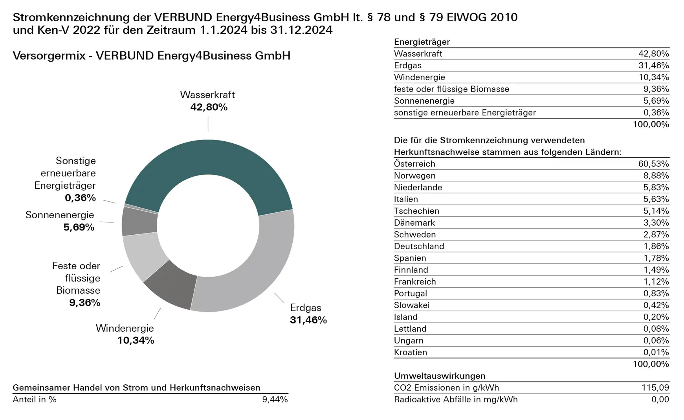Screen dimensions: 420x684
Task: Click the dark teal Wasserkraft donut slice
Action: (x=208, y=165)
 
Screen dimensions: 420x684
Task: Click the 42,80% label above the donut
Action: (x=209, y=107)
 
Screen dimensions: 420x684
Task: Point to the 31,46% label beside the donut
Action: (x=308, y=320)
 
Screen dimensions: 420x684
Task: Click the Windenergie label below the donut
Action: (x=125, y=328)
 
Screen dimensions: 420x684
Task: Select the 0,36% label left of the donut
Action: (x=80, y=197)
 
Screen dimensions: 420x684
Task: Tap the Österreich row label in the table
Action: (x=414, y=164)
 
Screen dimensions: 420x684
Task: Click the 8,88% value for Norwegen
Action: (x=656, y=175)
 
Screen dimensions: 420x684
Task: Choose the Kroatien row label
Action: (x=410, y=352)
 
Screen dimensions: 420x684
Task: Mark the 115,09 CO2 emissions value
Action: (x=655, y=387)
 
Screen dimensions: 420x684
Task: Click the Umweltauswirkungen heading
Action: (x=439, y=376)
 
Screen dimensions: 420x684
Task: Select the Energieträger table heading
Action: (x=422, y=42)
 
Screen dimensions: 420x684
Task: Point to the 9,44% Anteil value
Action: (x=275, y=399)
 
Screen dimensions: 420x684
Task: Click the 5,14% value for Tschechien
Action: (x=656, y=211)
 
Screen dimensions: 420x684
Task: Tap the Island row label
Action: (x=405, y=317)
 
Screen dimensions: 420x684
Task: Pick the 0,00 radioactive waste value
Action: (x=660, y=399)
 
